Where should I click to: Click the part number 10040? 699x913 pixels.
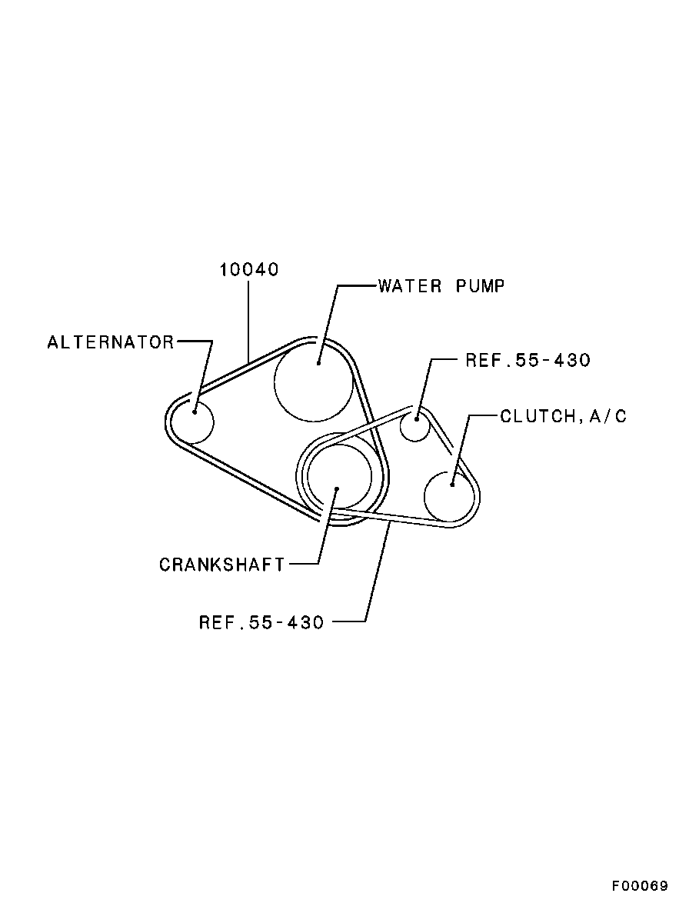(249, 269)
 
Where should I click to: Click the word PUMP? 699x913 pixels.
(480, 286)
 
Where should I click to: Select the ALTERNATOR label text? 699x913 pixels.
(111, 342)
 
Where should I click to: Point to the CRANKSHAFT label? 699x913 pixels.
(221, 565)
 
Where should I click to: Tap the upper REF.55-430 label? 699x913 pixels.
(528, 361)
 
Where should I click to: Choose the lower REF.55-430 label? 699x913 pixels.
(261, 622)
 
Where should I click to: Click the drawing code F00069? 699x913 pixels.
(640, 886)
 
